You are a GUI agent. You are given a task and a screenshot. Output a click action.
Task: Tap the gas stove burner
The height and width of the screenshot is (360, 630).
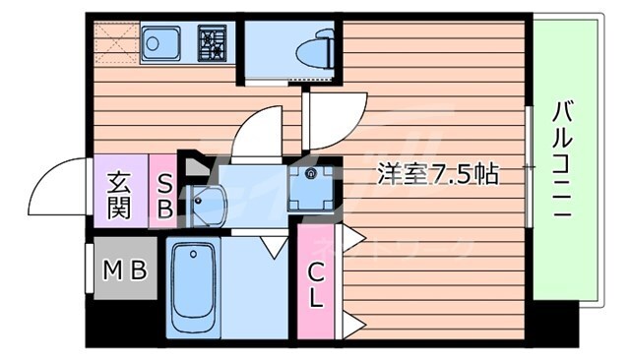point(214,44)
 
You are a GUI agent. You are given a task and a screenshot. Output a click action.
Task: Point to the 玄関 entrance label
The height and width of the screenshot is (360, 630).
point(120,194)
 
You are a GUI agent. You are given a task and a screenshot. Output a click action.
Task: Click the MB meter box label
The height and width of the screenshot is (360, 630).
point(123,269)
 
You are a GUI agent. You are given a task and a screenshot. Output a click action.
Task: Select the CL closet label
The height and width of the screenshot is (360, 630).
point(315,285)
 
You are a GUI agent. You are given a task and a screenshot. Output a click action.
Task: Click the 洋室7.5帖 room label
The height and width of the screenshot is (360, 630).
point(438,175)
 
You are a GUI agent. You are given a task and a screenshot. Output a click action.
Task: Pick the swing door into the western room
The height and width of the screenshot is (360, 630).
point(335,119)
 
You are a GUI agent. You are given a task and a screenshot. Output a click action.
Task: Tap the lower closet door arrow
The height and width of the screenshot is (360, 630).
point(353,322)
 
